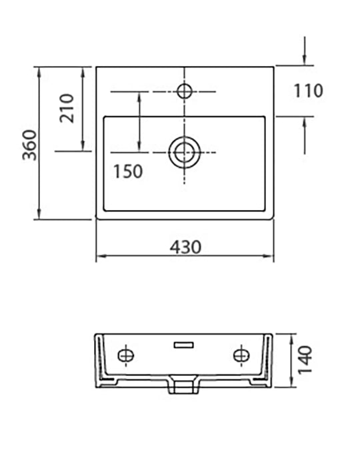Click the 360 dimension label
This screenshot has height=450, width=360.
(x=29, y=145)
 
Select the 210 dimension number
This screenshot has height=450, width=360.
(x=67, y=109)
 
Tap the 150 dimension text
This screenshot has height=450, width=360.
(x=128, y=171)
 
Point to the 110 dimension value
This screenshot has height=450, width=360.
(x=308, y=91)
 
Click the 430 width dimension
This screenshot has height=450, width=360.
(x=185, y=247)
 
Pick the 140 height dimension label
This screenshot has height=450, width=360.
(x=305, y=361)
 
